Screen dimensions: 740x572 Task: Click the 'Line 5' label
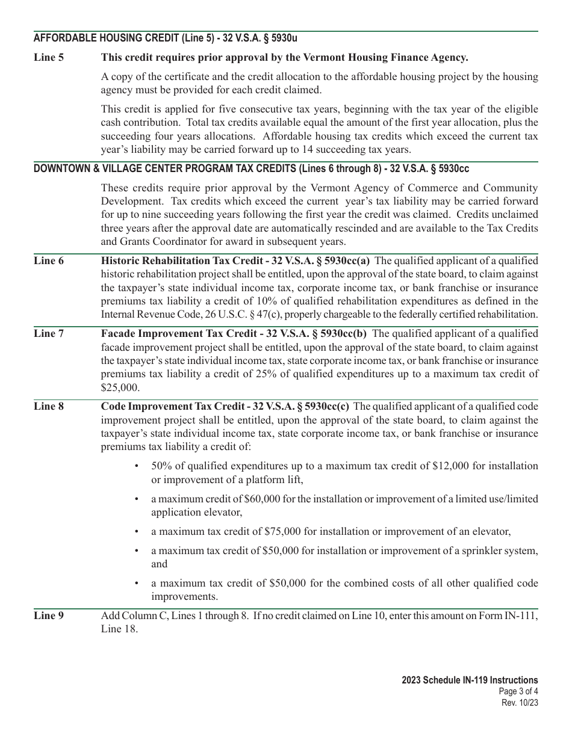pyautogui.click(x=48, y=58)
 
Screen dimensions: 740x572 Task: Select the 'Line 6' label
pyautogui.click(x=48, y=261)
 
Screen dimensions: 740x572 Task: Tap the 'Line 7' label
pyautogui.click(x=48, y=333)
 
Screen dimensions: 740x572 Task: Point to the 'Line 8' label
pyautogui.click(x=48, y=406)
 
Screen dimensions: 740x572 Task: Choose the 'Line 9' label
pyautogui.click(x=48, y=615)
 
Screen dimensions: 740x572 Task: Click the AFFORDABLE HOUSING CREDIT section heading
pyautogui.click(x=166, y=38)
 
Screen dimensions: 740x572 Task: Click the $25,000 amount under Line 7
pyautogui.click(x=120, y=388)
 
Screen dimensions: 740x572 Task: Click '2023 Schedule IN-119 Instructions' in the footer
pyautogui.click(x=470, y=680)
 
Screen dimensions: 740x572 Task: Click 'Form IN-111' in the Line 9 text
pyautogui.click(x=511, y=615)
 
